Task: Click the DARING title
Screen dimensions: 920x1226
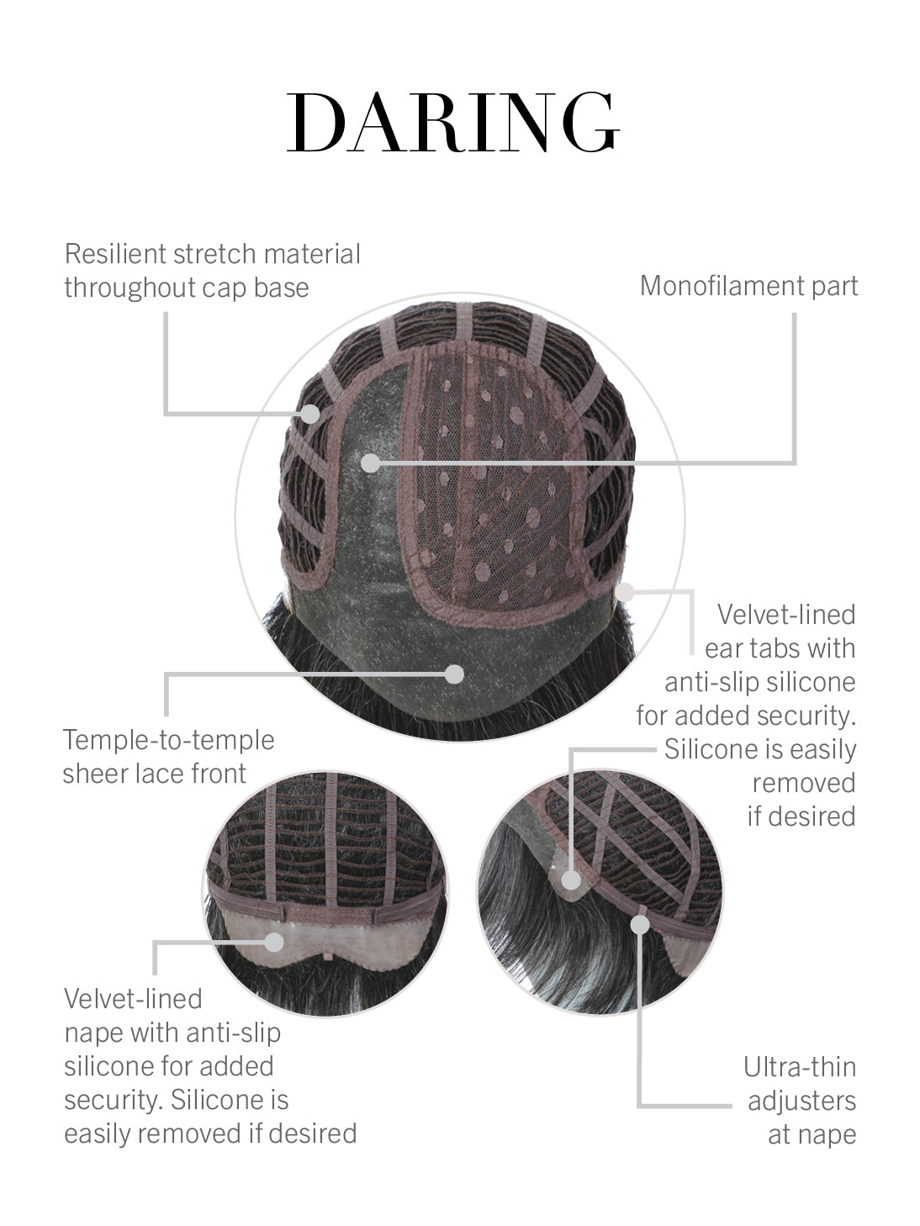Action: [453, 122]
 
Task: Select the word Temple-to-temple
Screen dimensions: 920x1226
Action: [169, 740]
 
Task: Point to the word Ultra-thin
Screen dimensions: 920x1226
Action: [800, 1067]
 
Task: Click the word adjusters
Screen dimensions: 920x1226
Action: [801, 1101]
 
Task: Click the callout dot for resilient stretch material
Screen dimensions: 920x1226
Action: [310, 414]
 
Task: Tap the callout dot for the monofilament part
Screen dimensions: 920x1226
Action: [370, 462]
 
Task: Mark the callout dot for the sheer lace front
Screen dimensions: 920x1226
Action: [455, 674]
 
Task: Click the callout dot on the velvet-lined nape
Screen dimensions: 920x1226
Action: [273, 943]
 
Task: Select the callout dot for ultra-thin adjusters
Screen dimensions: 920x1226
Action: [640, 924]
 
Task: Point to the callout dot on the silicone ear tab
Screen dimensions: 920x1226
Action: [571, 880]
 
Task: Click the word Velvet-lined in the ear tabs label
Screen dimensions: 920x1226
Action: [786, 615]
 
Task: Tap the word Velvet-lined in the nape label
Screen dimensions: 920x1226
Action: [133, 999]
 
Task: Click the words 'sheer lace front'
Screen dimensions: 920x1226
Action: [154, 774]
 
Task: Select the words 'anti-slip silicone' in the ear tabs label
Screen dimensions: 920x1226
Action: [760, 682]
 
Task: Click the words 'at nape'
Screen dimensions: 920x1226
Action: [812, 1134]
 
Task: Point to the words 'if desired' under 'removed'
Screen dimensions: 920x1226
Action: [801, 816]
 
